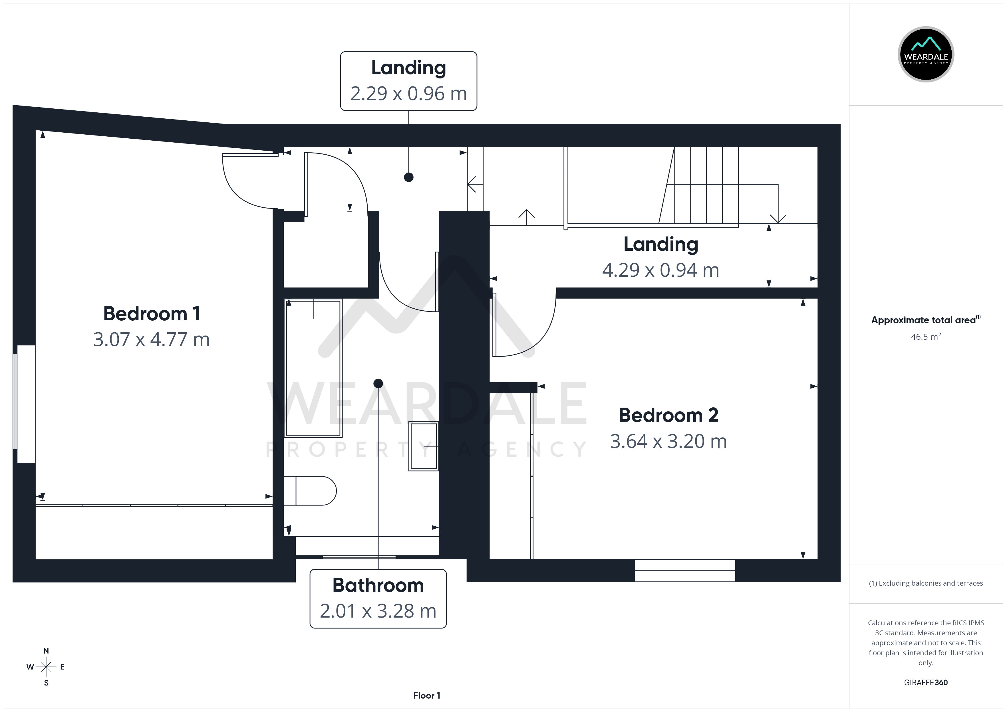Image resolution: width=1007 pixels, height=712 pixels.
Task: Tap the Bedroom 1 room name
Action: [x=152, y=314]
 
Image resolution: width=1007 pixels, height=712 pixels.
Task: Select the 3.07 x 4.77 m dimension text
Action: [x=151, y=339]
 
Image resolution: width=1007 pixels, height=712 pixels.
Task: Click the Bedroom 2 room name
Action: [x=668, y=415]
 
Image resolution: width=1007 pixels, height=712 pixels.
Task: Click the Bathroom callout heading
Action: [x=378, y=585]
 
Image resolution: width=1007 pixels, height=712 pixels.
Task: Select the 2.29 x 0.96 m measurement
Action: [x=409, y=93]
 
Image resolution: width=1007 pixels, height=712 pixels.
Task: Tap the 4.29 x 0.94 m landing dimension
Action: [x=660, y=270]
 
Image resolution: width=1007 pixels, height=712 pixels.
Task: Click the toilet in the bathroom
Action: [x=310, y=491]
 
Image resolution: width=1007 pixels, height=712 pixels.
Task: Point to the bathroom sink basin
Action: [x=424, y=446]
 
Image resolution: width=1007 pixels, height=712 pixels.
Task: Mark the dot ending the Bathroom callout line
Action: [x=378, y=384]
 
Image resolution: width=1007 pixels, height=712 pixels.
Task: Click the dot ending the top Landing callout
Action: [x=409, y=177]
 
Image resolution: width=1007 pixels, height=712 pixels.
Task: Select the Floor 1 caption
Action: [x=427, y=695]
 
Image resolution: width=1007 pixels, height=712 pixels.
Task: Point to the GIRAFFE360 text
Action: [x=926, y=683]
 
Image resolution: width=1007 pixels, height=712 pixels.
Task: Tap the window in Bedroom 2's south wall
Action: [x=685, y=571]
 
